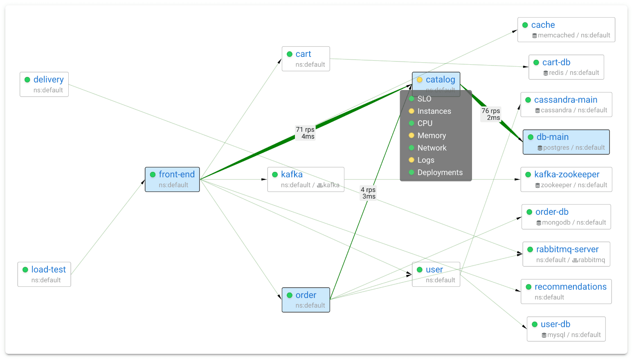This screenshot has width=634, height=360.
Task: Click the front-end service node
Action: pyautogui.click(x=172, y=179)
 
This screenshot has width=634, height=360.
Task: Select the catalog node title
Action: pyautogui.click(x=440, y=79)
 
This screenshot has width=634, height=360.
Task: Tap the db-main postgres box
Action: pyautogui.click(x=566, y=142)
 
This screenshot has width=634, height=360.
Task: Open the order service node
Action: pyautogui.click(x=306, y=299)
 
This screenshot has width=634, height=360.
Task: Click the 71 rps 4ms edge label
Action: pyautogui.click(x=306, y=133)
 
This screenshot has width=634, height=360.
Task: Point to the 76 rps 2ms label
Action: pyautogui.click(x=491, y=114)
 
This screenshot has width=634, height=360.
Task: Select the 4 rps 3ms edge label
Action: pyautogui.click(x=368, y=193)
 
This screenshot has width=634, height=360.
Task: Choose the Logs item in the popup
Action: pyautogui.click(x=426, y=160)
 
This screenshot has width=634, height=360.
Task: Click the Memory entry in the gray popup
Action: pyautogui.click(x=432, y=135)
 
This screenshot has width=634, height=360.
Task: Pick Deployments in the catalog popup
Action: pyautogui.click(x=440, y=172)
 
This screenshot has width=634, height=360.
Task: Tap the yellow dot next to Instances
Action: pyautogui.click(x=411, y=111)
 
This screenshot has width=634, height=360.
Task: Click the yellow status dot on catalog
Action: pyautogui.click(x=420, y=80)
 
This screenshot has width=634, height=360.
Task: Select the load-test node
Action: pyautogui.click(x=44, y=274)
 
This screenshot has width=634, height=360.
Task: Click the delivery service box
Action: pyautogui.click(x=44, y=84)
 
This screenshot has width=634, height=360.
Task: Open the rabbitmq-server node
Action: pyautogui.click(x=566, y=254)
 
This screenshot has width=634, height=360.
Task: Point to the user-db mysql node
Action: pyautogui.click(x=566, y=329)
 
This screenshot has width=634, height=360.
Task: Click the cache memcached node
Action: pyautogui.click(x=566, y=29)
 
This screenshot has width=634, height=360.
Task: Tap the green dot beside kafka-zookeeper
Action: pyautogui.click(x=528, y=175)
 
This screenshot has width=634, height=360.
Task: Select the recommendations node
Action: pyautogui.click(x=566, y=291)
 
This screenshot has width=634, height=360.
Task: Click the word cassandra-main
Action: pyautogui.click(x=566, y=100)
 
